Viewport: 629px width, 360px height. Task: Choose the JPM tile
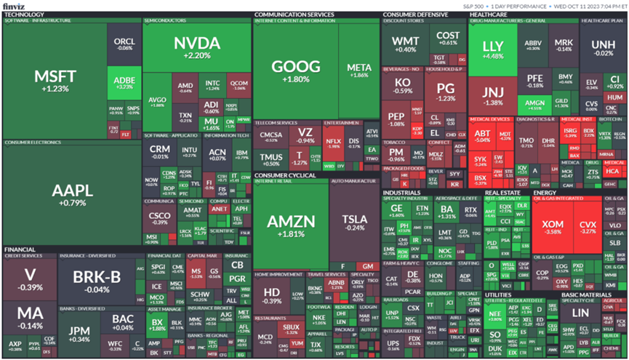80,335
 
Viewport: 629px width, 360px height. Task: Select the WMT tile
405,44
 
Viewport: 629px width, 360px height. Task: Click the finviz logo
14,5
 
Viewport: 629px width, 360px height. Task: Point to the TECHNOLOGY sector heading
24,14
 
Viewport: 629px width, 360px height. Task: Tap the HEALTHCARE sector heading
489,14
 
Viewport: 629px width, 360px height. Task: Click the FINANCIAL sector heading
20,249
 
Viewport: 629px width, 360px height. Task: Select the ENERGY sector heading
544,193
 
